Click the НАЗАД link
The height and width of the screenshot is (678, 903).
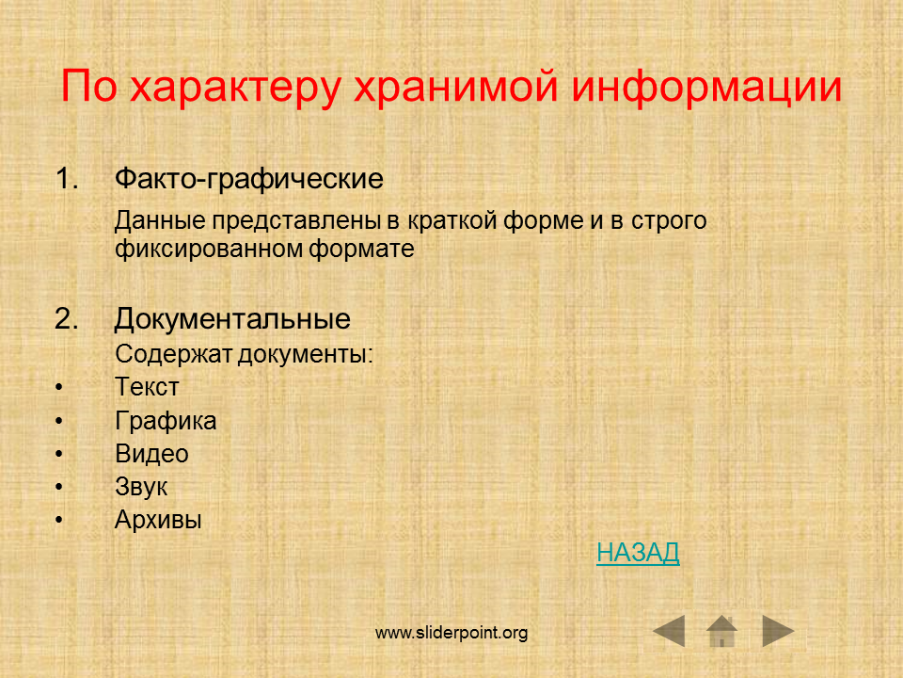tap(638, 553)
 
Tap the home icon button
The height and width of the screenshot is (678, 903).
tap(721, 631)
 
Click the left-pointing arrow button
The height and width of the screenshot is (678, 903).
tap(669, 631)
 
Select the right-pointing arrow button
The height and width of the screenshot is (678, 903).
tap(778, 631)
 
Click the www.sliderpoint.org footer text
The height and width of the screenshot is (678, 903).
tap(451, 633)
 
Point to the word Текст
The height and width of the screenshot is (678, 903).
tap(147, 386)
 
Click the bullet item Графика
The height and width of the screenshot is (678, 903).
tap(166, 420)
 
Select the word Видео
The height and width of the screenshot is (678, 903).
tap(152, 454)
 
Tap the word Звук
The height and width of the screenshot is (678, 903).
tap(141, 487)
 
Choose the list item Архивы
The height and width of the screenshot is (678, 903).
tap(158, 520)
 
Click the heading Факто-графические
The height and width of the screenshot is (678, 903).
tap(248, 179)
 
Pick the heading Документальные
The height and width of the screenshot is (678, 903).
tap(232, 319)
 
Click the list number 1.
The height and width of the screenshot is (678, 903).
tap(67, 178)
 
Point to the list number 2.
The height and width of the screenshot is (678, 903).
tap(67, 318)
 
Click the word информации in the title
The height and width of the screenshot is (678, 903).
tap(706, 88)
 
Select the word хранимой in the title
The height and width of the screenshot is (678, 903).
tap(455, 88)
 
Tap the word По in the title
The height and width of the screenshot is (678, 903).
tap(89, 87)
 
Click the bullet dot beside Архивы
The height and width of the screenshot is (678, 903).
tap(58, 520)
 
